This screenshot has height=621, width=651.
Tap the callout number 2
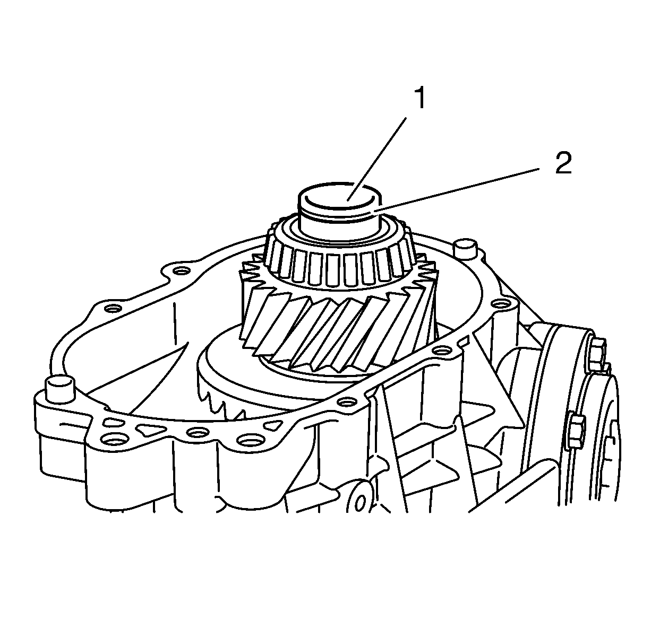(x=563, y=163)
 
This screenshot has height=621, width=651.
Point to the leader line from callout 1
(x=377, y=159)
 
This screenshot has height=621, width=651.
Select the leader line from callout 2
(x=456, y=190)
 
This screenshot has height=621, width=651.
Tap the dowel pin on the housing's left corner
(x=59, y=389)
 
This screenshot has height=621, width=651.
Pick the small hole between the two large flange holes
(x=198, y=433)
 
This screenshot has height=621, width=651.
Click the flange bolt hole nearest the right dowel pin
(x=499, y=304)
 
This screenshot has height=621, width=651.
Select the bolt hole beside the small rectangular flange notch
(x=442, y=351)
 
